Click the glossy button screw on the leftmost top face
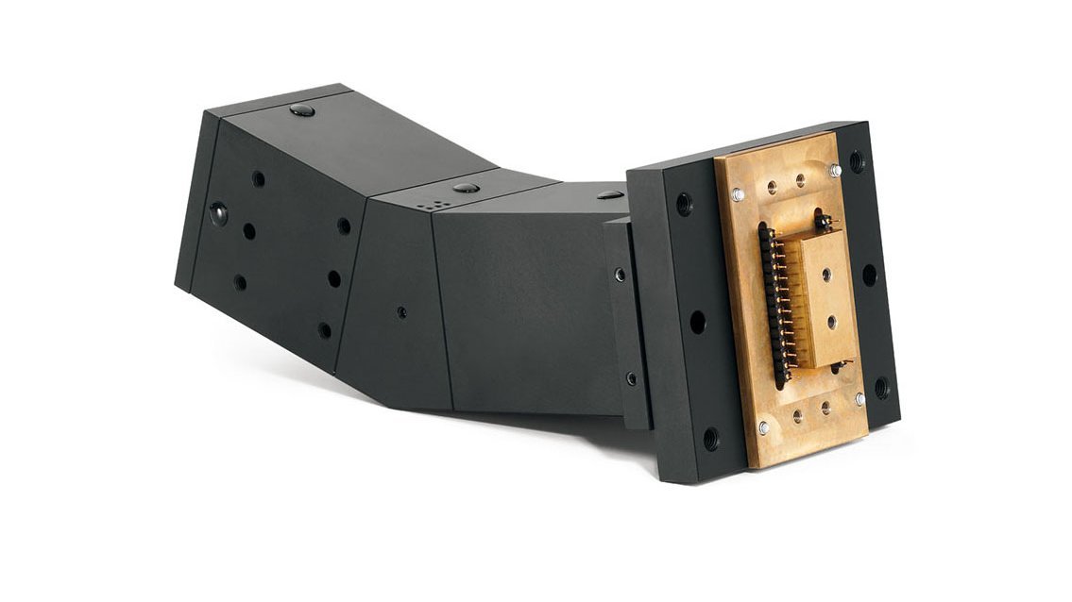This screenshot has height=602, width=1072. coord(302,110)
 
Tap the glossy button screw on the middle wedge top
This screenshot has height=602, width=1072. coord(465,188)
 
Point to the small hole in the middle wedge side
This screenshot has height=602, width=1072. coord(402,310)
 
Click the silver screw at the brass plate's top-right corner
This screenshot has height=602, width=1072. coord(835,171)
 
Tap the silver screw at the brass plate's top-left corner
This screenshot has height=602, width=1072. coord(739,194)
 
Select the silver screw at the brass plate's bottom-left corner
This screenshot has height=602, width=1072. coord(763,427)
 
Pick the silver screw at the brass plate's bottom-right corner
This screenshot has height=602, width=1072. coord(859,399)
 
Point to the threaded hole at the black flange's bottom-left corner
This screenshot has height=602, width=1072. coord(710,438)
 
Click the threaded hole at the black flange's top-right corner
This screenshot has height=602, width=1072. coord(856,160)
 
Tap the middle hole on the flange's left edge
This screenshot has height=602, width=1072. coord(697,321)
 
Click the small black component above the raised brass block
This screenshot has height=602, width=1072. coord(823,225)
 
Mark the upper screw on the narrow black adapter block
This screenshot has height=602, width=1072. coord(620,275)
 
